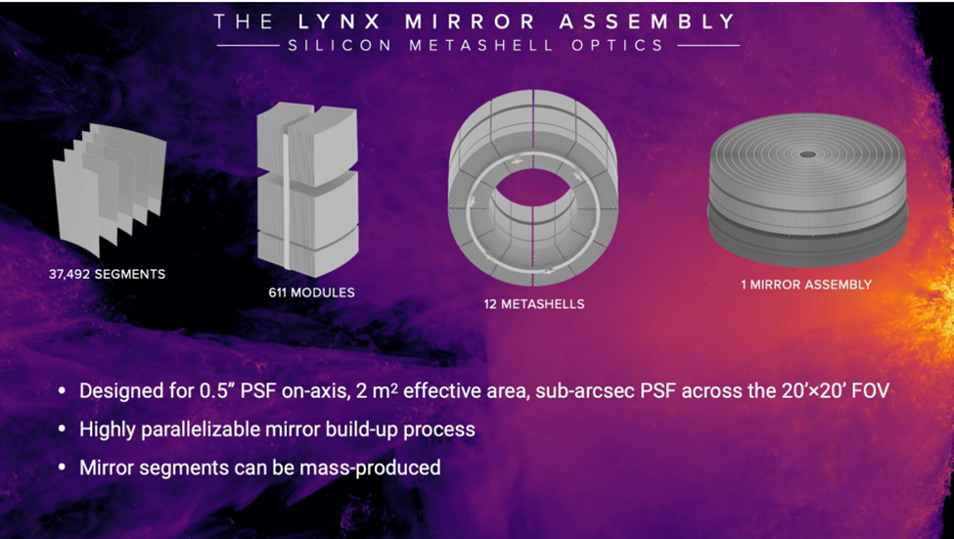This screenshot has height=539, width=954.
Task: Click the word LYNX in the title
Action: point(340,22)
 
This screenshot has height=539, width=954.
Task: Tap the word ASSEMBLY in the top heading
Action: point(648,22)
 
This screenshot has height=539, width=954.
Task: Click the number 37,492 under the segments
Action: point(69,274)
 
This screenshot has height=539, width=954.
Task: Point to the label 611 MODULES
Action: point(311,292)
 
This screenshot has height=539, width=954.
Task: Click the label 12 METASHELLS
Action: point(534,304)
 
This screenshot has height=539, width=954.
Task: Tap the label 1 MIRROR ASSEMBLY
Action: point(806,284)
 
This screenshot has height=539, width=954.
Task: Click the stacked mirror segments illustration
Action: point(110,189)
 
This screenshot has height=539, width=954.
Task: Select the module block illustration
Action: point(307,189)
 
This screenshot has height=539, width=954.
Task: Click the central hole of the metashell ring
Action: point(533,195)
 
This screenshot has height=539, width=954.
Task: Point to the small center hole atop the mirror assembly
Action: point(807,155)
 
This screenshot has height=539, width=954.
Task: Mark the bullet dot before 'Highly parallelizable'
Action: point(62,429)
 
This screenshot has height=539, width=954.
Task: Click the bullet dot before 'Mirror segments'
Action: point(62,468)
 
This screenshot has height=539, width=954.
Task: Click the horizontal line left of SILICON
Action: point(249,46)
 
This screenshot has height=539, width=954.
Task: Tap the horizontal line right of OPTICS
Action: point(708,46)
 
